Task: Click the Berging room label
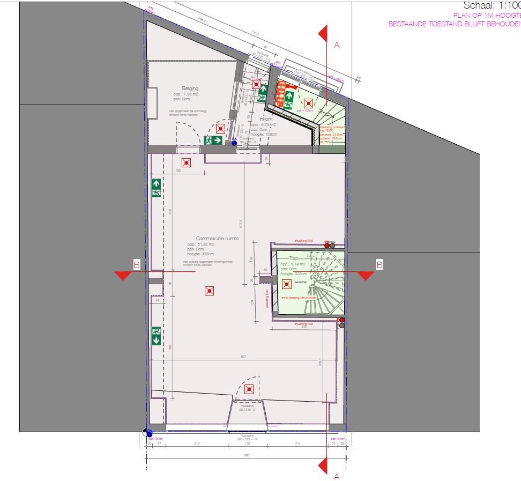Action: point(190,88)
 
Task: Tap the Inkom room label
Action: point(265,119)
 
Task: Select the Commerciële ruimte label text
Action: point(217,239)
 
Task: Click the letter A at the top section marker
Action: point(337,45)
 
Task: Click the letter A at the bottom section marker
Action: point(337,476)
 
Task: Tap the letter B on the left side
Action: point(136,264)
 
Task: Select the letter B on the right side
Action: point(379,264)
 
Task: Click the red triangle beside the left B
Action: point(123,275)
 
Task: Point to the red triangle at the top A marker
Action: point(323,33)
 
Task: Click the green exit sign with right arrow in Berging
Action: point(213,140)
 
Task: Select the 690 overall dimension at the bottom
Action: point(247,456)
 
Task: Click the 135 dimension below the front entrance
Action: point(248,444)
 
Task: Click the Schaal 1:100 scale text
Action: point(491,6)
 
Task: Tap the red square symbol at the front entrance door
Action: point(248,390)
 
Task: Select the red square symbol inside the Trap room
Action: point(286,284)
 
